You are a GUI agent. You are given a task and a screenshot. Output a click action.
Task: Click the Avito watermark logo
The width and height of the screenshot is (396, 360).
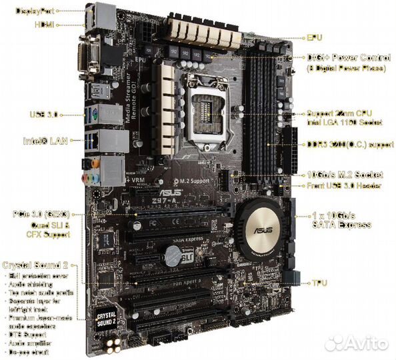point(363,343)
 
